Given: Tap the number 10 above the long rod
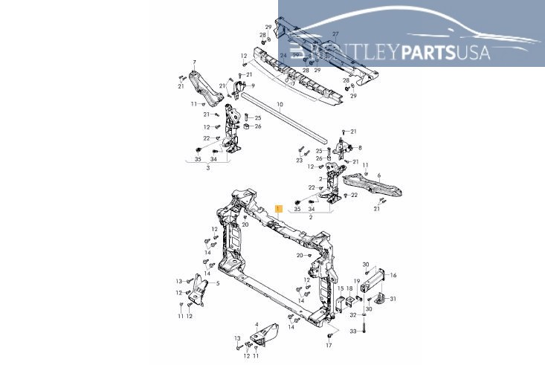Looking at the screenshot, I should (x=280, y=104).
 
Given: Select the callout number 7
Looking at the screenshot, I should (x=194, y=62).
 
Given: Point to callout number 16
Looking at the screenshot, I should (x=394, y=275).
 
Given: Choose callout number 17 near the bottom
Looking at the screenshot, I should (x=329, y=346).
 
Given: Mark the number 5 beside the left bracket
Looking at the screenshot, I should (x=217, y=283).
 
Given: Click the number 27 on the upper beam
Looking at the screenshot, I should (x=335, y=34).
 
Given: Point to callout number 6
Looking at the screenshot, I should (x=378, y=175).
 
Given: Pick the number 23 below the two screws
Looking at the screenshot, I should (x=300, y=161).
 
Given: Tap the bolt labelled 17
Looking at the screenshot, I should (x=329, y=336).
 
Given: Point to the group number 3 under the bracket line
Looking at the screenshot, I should (x=208, y=169).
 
